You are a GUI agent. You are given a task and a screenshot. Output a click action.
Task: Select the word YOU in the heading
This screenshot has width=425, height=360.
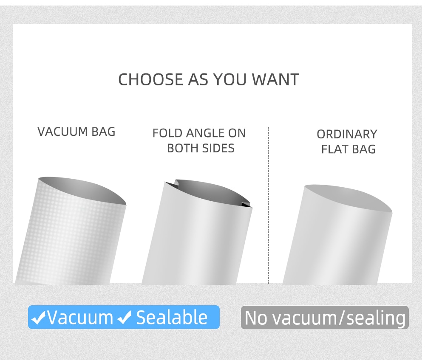[x=230, y=79]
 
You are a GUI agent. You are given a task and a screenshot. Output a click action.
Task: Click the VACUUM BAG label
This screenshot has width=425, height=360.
[x=76, y=132]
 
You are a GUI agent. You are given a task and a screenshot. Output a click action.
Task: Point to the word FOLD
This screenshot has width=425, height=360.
[x=167, y=133]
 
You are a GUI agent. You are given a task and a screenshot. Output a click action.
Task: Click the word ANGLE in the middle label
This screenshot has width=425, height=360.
[x=205, y=133]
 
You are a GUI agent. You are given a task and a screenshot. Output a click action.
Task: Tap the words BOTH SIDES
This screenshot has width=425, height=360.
[x=201, y=148]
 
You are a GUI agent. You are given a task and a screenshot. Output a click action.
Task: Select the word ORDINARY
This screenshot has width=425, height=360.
[x=347, y=134]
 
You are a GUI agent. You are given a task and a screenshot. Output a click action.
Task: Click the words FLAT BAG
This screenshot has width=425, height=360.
[x=348, y=149]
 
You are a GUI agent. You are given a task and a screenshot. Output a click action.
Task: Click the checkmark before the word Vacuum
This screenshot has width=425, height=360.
[x=39, y=318]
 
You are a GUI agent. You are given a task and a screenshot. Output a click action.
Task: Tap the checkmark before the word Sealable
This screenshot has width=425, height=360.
[x=125, y=318]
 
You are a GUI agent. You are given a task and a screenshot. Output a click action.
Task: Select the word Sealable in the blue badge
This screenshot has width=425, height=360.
[x=172, y=317]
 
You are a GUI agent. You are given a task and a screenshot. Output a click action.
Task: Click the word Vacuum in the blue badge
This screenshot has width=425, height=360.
[x=80, y=317]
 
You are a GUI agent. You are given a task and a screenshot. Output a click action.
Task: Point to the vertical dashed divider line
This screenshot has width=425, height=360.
[x=268, y=206]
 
